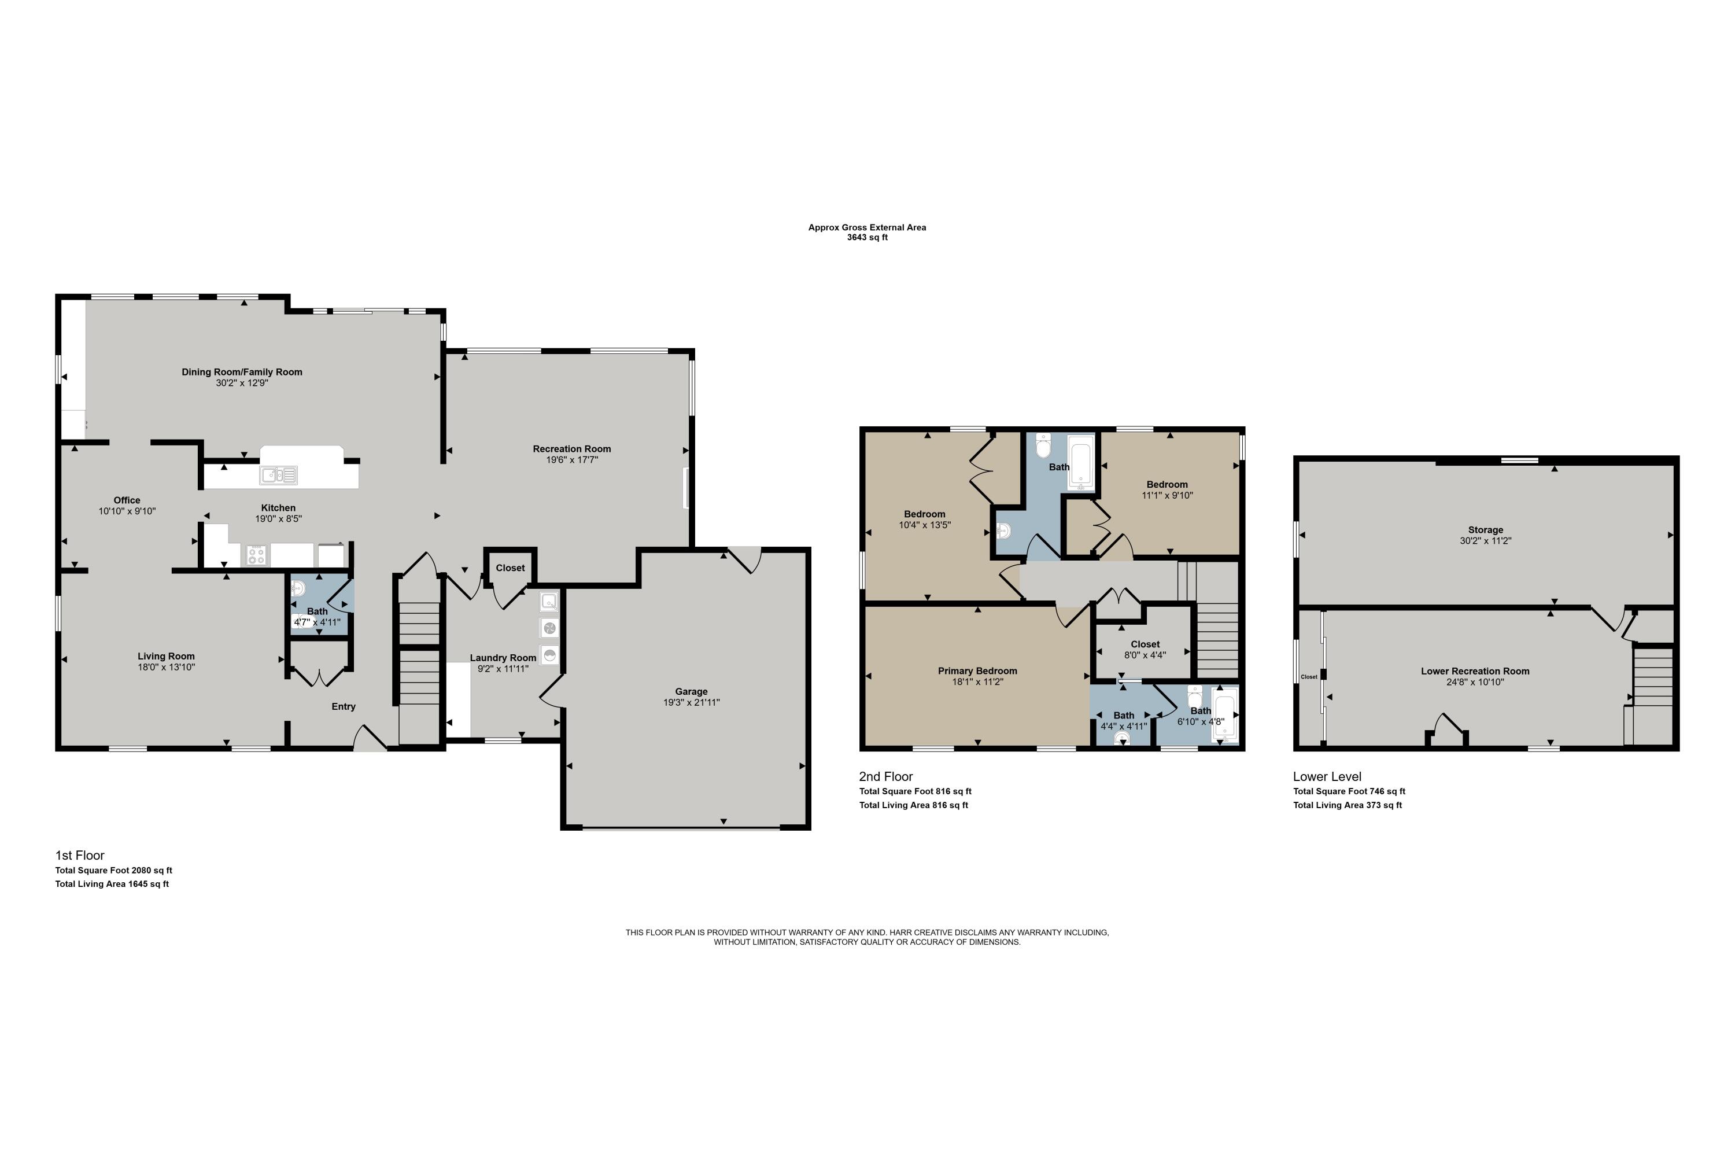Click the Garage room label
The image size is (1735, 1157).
[x=691, y=691]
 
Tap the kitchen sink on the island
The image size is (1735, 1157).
[x=278, y=475]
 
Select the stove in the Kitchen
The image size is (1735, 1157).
[x=256, y=555]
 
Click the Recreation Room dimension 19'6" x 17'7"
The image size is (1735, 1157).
[x=572, y=460]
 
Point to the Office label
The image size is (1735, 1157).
[x=127, y=500]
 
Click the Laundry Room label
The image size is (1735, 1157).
[x=503, y=657]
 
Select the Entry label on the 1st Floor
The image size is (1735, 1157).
[x=343, y=706]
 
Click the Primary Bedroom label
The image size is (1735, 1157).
[x=977, y=670]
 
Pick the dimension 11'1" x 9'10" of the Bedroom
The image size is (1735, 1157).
[x=1166, y=495]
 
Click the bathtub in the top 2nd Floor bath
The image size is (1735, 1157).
[x=1081, y=463]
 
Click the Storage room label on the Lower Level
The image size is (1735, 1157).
[x=1485, y=530]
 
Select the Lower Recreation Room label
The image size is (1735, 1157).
[x=1475, y=670]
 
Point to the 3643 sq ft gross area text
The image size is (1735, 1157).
[x=867, y=238]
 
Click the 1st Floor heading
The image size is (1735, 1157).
[x=80, y=855]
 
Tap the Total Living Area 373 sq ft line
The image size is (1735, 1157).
[x=1347, y=805]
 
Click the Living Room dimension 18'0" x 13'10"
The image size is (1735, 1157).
[x=166, y=667]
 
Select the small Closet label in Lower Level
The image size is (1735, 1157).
[x=1309, y=677]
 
